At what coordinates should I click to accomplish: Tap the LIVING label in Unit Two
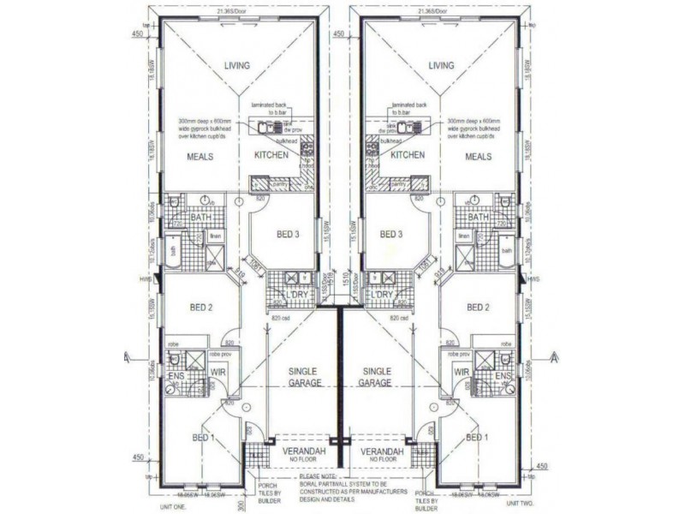click(441, 65)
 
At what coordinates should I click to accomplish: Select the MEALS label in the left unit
click(200, 157)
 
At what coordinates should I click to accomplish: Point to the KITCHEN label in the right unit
click(408, 156)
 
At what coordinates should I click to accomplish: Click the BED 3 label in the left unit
click(287, 234)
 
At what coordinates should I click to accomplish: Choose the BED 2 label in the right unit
click(478, 307)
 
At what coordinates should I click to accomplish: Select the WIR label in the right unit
click(462, 373)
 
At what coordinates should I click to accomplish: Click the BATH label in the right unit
click(479, 218)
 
